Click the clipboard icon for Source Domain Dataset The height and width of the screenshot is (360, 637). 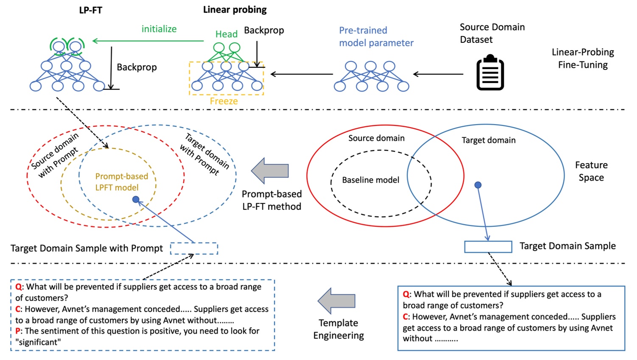(490, 73)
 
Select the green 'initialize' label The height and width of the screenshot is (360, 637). (159, 29)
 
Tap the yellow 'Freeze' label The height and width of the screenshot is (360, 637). (224, 101)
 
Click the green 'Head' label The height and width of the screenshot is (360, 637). (226, 34)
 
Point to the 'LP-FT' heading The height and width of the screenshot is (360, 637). (90, 10)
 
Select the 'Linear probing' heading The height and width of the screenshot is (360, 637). (235, 10)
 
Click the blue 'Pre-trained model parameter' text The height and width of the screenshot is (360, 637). (376, 36)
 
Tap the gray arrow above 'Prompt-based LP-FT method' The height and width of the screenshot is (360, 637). (270, 171)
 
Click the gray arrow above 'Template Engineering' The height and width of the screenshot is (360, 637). (337, 301)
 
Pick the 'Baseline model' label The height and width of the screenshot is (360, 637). (370, 180)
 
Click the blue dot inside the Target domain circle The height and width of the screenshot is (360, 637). (478, 185)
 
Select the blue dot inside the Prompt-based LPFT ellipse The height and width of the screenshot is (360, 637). (136, 199)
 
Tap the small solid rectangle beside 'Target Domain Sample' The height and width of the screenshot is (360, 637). (488, 247)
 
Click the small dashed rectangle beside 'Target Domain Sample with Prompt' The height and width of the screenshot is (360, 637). (194, 248)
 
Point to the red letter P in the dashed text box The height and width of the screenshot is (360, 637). (18, 331)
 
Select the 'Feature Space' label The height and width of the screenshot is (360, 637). (591, 171)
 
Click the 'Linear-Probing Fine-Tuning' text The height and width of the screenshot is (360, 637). (583, 59)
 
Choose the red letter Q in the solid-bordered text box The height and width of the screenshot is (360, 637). (406, 294)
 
